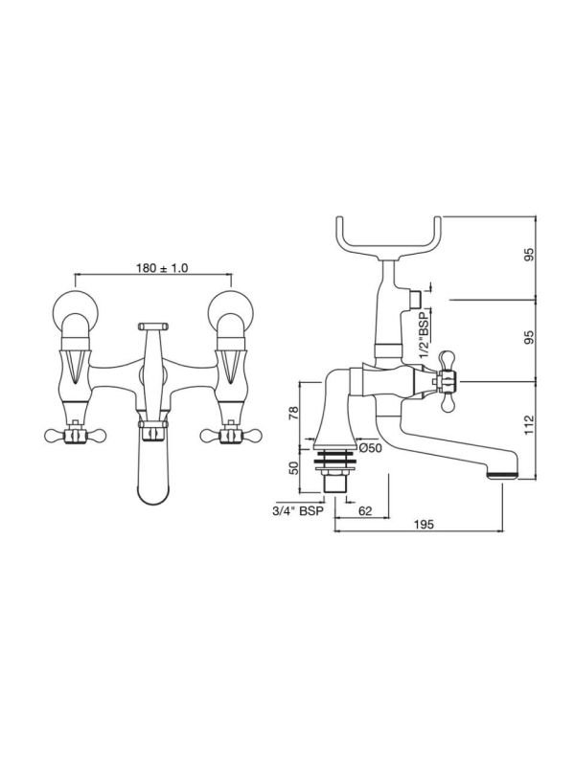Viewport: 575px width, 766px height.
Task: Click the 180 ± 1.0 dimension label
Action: click(x=162, y=268)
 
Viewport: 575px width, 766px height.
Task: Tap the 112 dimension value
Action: click(x=529, y=425)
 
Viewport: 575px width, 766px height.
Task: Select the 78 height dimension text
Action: click(x=293, y=414)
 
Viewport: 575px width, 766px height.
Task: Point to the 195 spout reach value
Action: click(x=424, y=525)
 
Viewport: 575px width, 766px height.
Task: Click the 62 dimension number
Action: click(x=365, y=511)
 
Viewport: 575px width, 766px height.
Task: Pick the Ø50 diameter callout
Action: click(x=370, y=447)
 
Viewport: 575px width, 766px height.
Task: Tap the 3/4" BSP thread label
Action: click(x=298, y=511)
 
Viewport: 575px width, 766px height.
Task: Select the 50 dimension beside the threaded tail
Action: click(x=293, y=468)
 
